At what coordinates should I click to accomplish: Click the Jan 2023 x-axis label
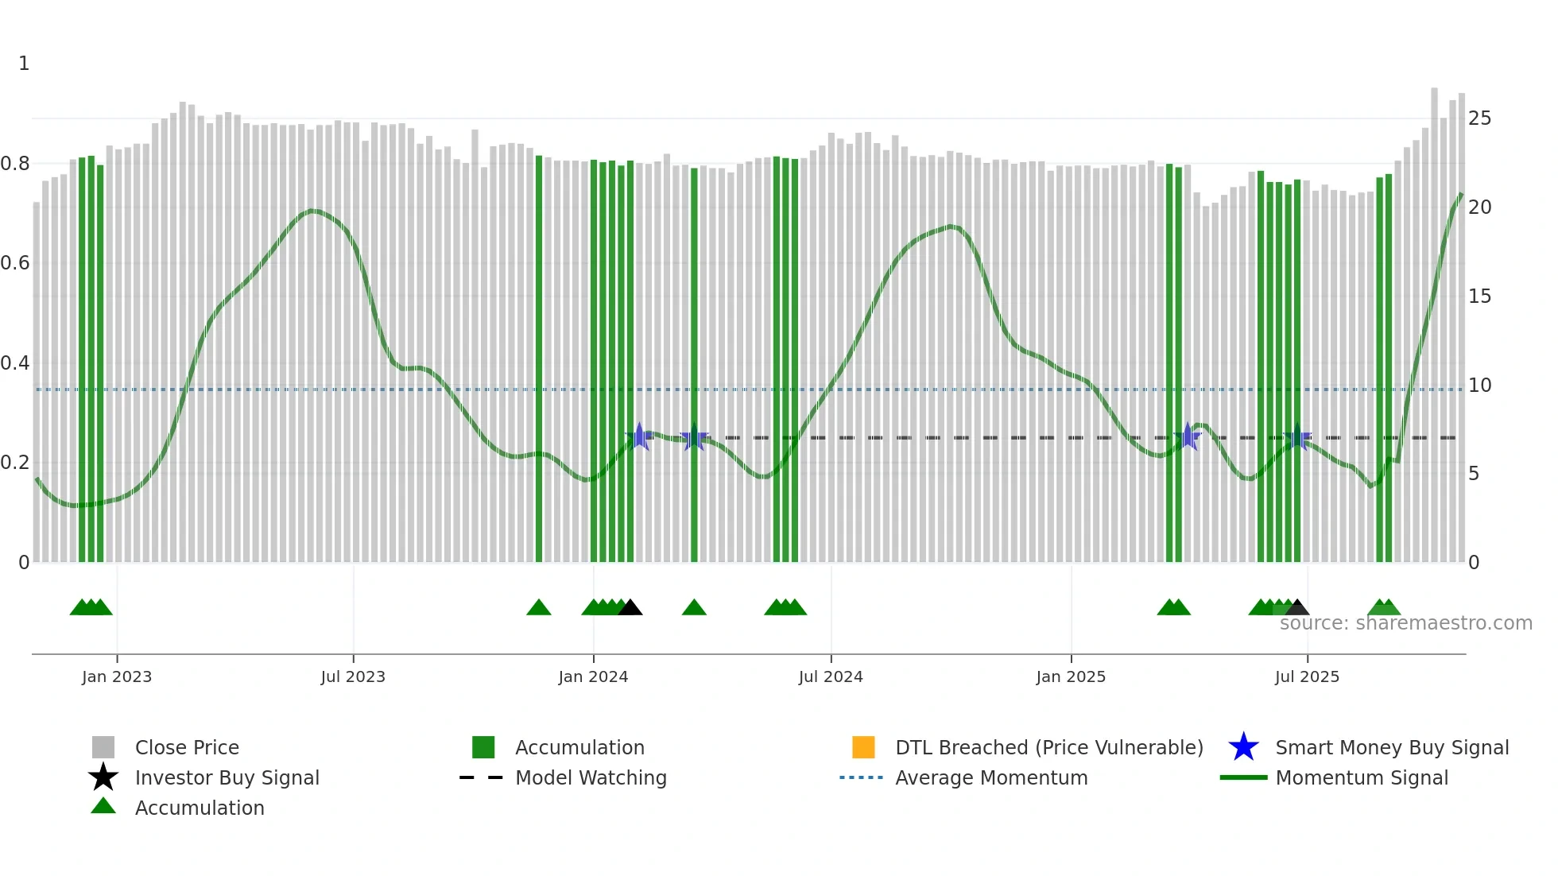pos(116,676)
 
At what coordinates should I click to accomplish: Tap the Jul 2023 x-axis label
pos(353,676)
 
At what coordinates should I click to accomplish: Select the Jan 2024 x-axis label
pos(593,676)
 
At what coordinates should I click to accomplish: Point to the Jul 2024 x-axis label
pos(831,676)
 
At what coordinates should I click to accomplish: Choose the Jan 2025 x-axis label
pos(1071,676)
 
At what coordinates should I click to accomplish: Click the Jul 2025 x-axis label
pos(1307,676)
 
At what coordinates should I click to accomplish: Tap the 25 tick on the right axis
pos(1479,118)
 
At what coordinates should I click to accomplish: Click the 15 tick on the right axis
pos(1479,297)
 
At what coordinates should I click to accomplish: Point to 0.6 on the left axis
pos(15,263)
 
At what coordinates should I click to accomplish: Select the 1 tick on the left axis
pos(24,64)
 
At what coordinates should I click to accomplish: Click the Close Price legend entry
pos(187,747)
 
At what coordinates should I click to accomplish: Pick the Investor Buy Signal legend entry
pos(227,777)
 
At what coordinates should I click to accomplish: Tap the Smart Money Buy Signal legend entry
pos(1391,747)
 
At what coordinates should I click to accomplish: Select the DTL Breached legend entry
pos(1048,747)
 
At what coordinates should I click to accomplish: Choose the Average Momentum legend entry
pos(991,777)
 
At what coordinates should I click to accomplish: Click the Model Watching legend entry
pos(591,777)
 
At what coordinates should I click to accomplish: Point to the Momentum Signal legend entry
pos(1362,777)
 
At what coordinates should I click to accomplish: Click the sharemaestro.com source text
pos(1405,623)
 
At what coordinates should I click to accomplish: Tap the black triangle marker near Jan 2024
pos(630,608)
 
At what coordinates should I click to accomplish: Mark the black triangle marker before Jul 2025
pos(1297,608)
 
